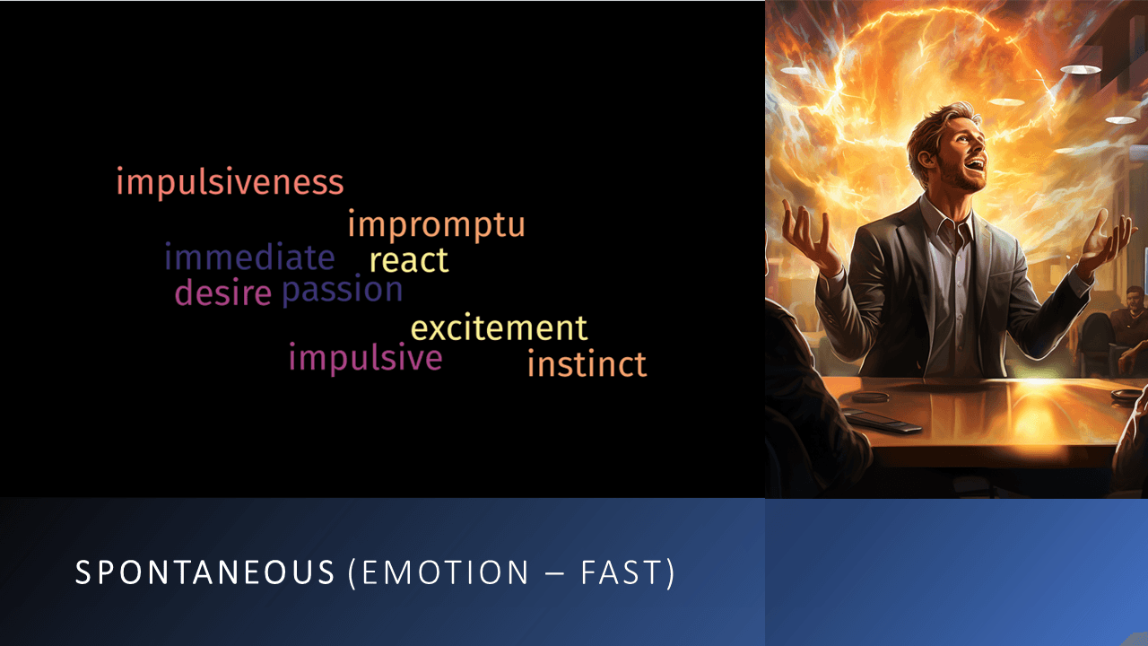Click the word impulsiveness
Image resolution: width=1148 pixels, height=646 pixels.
[x=230, y=183]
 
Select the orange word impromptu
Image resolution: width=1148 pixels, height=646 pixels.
[x=436, y=225]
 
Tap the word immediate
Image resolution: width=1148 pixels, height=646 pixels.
[x=249, y=258]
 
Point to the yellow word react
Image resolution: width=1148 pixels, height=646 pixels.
[x=409, y=261]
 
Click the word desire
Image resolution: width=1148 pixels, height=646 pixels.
[x=222, y=293]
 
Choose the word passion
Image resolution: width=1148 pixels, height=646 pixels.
[x=343, y=291]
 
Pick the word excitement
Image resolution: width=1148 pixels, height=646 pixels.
[x=499, y=328]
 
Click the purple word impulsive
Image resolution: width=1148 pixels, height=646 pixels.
[x=365, y=358]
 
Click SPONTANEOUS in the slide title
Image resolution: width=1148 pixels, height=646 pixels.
[x=204, y=573]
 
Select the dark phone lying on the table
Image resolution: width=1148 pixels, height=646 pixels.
[x=883, y=420]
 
